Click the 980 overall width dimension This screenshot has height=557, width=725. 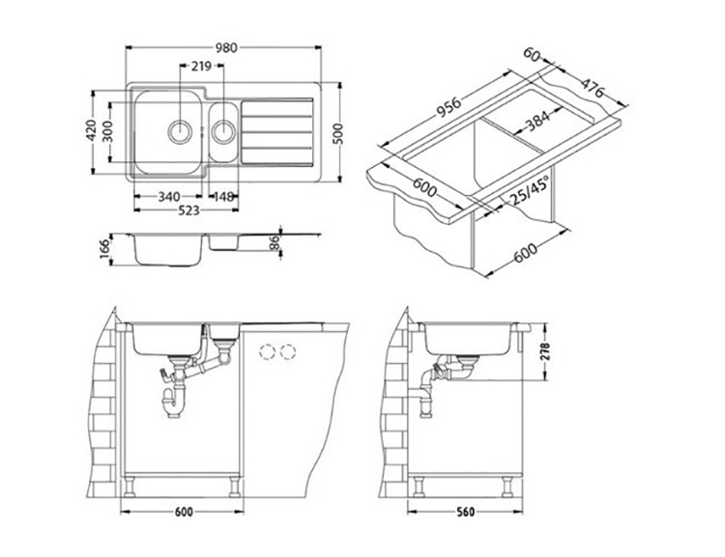point(226,47)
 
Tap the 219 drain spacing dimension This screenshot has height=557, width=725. point(201,67)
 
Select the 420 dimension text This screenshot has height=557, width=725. point(92,130)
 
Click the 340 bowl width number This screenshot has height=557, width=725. point(169,197)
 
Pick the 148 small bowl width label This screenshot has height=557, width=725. point(223,197)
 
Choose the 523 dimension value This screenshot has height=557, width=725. point(188,210)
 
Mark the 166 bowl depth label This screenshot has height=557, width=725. point(106,249)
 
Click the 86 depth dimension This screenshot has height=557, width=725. point(275,242)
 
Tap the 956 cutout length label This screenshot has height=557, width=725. point(448,107)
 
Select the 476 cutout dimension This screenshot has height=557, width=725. point(593,88)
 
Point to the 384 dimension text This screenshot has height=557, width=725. point(537,121)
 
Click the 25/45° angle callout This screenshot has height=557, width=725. point(530,191)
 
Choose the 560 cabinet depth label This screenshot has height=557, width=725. point(465,513)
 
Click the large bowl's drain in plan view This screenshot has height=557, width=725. point(180,131)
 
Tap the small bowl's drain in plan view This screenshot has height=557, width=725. point(224,131)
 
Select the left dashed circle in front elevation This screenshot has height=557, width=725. point(267,352)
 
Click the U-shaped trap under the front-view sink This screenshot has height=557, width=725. point(173,403)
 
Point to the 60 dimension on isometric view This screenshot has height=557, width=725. point(533,54)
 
